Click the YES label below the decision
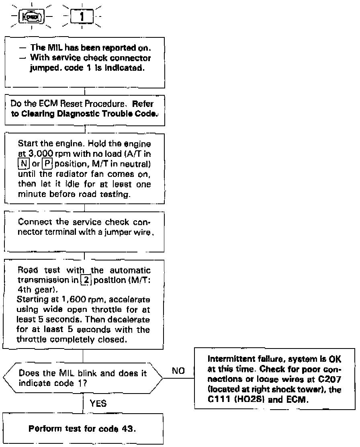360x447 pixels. click(98, 404)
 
